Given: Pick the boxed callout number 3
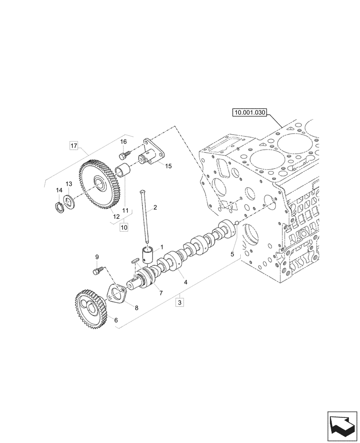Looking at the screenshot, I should (179, 303).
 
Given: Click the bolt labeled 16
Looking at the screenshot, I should (124, 155).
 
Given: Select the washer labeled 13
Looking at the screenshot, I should (69, 200).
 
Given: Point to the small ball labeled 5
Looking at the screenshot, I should (236, 223).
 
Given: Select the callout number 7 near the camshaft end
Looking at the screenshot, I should (161, 293).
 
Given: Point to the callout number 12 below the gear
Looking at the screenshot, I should (116, 217).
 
